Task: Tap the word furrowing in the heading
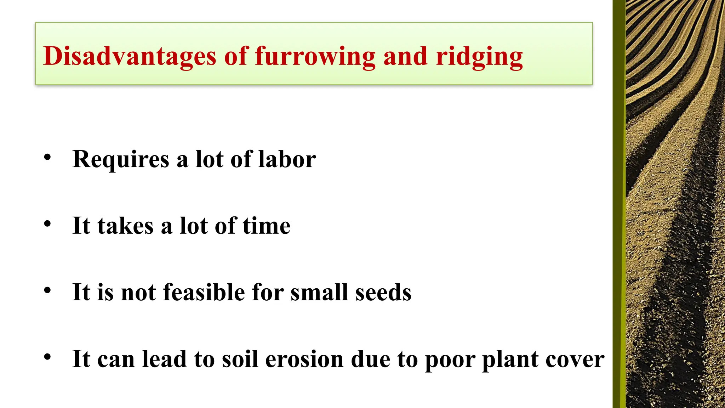[315, 57]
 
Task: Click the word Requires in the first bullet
[121, 159]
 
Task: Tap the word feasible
[204, 293]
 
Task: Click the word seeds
[383, 293]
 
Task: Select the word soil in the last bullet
[240, 359]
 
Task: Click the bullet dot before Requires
[47, 157]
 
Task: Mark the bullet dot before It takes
[47, 224]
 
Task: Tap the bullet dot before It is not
[47, 290]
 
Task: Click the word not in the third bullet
[138, 293]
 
